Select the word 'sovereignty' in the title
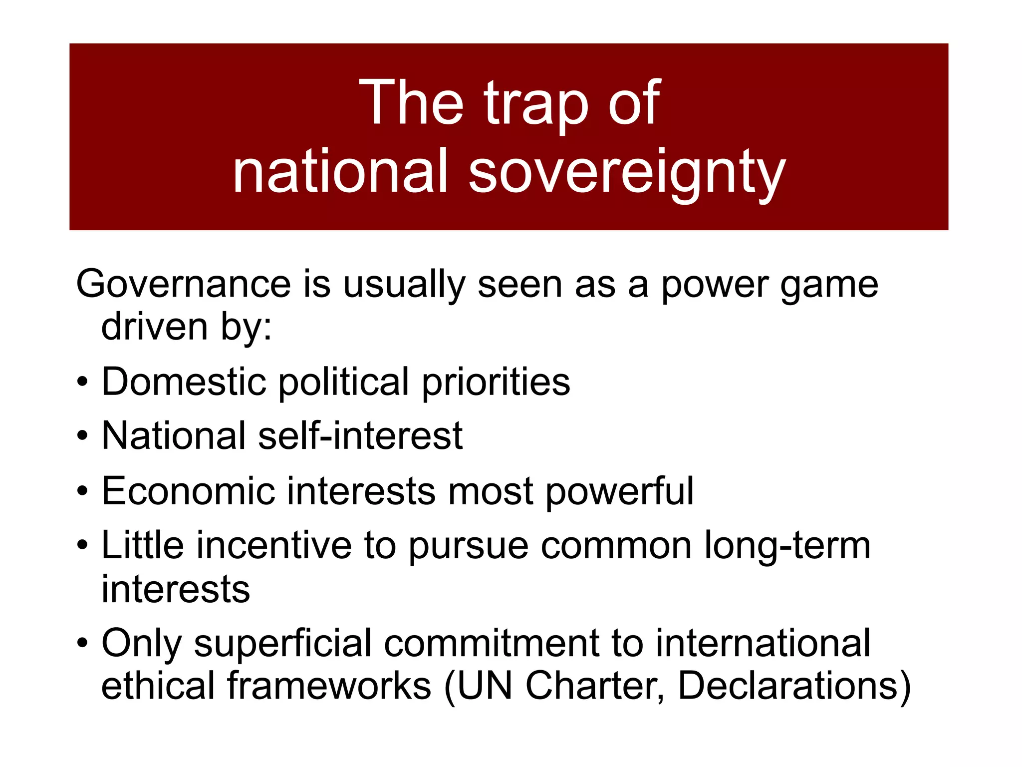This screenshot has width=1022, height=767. point(627,172)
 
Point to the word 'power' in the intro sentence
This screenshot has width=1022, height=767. point(714,286)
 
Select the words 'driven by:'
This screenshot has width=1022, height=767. point(187,328)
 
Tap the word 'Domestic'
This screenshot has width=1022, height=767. point(184,382)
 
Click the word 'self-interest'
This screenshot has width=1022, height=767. point(360,436)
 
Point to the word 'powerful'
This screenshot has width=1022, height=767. point(619,492)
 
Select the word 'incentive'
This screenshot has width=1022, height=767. point(274,545)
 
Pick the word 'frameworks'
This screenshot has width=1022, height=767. point(329,686)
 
